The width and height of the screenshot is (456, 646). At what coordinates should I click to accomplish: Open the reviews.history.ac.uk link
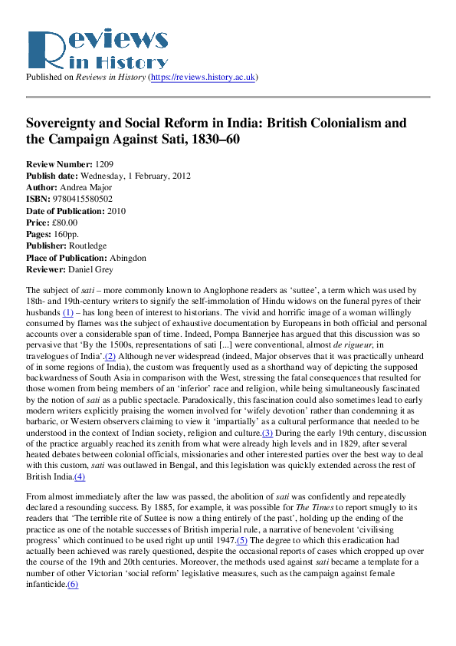(x=213, y=77)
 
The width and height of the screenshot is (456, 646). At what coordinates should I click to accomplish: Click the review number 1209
(x=105, y=164)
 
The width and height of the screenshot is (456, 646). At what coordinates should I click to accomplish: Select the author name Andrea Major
(x=85, y=187)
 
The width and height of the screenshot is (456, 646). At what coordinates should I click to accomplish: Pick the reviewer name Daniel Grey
(x=90, y=269)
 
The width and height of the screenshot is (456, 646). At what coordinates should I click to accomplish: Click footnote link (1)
(x=67, y=313)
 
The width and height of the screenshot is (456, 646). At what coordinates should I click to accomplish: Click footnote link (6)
(x=73, y=585)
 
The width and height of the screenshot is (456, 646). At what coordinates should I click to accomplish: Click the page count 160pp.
(x=64, y=234)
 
